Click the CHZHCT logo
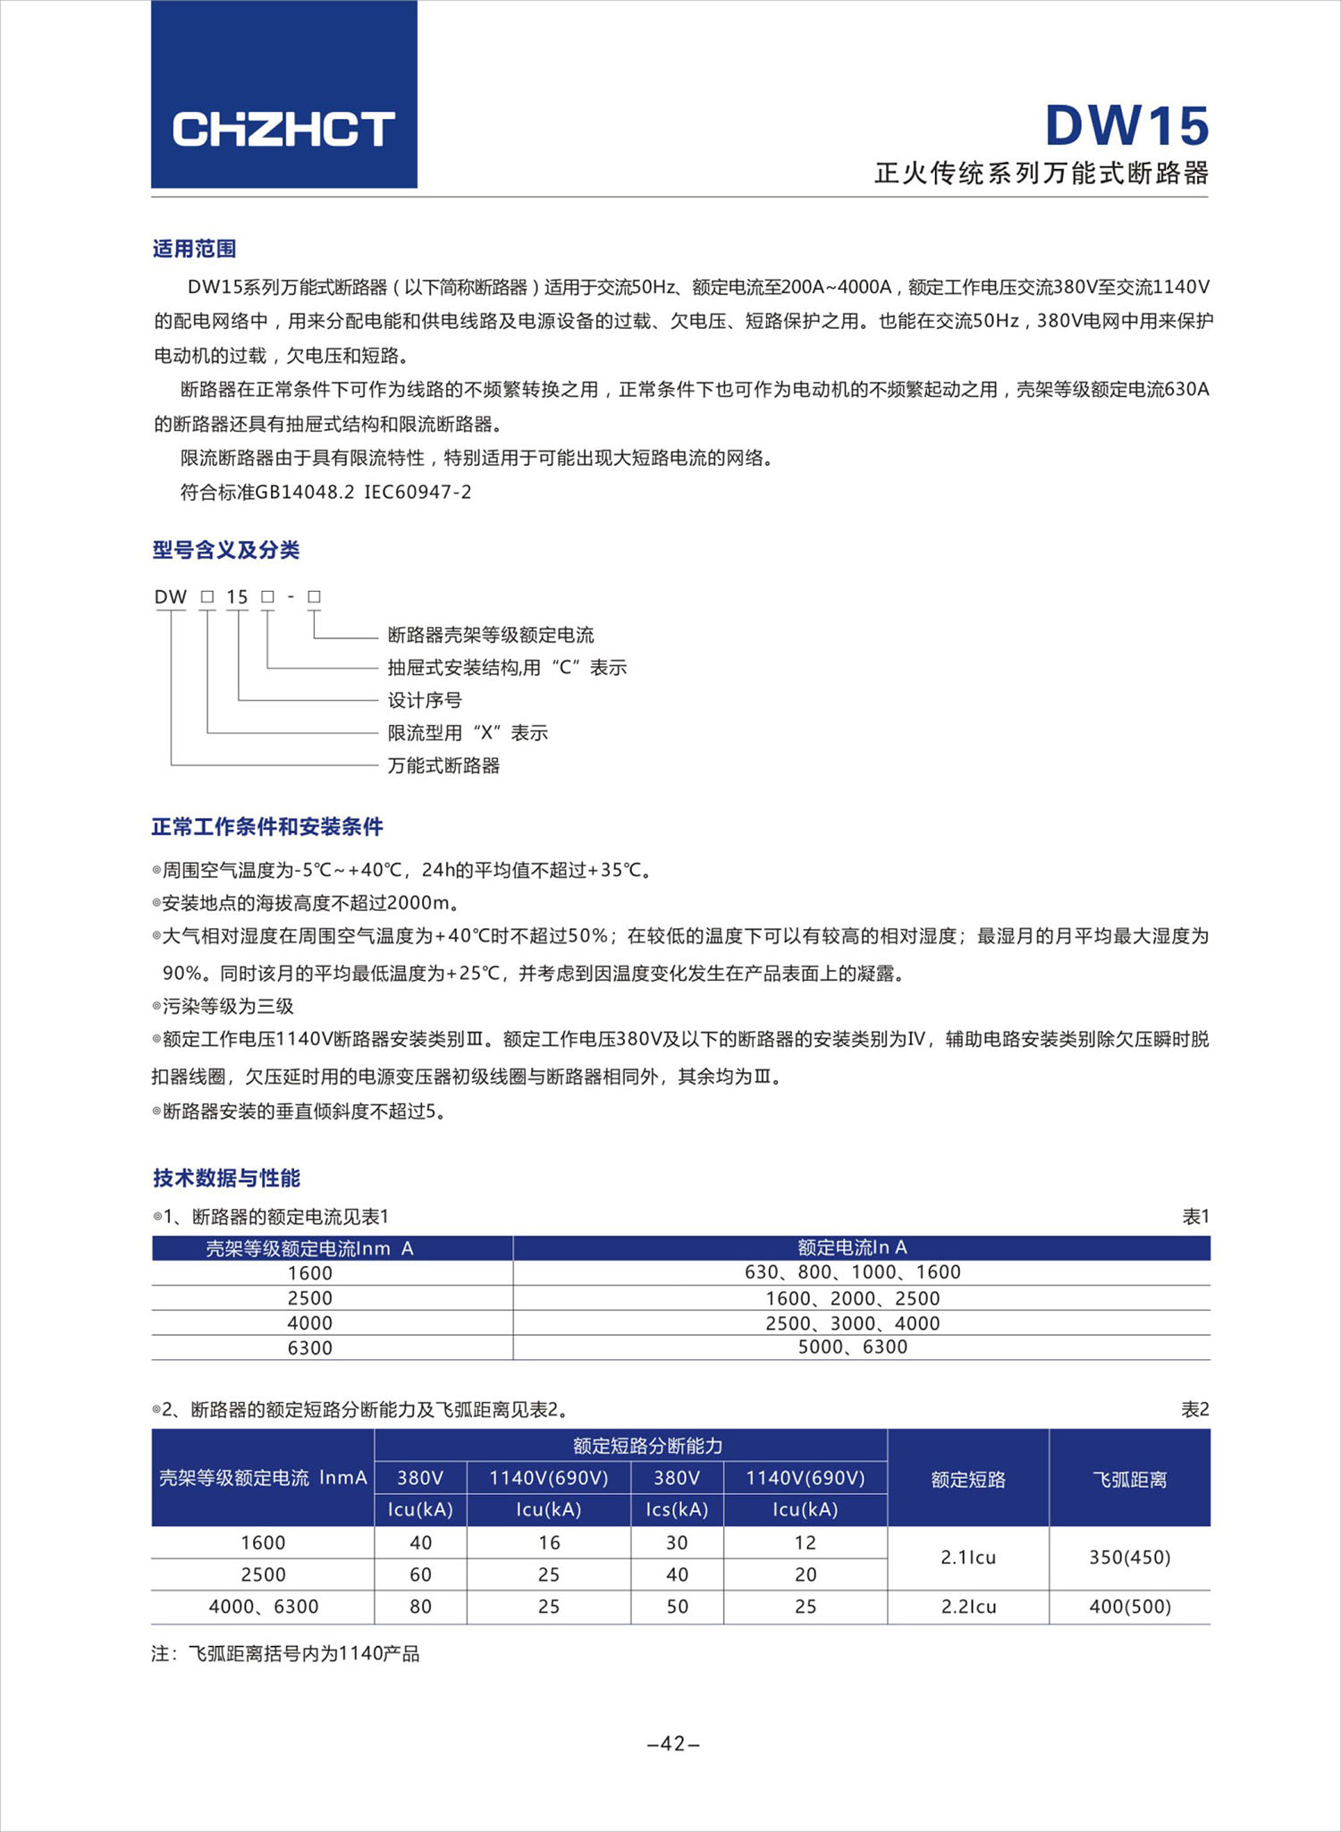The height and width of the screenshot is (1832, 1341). (283, 129)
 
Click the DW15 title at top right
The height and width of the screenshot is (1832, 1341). (1126, 125)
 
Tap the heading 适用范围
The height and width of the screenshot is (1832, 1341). (194, 249)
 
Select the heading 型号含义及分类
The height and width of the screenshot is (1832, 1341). (225, 550)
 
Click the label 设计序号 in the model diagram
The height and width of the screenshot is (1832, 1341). (425, 700)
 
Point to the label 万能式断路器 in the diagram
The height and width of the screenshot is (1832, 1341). (443, 765)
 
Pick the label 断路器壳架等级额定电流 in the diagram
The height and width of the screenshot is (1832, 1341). (491, 635)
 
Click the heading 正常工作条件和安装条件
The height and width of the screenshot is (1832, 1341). (266, 827)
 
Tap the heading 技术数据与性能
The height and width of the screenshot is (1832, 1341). (226, 1178)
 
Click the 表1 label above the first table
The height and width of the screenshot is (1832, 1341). (1195, 1216)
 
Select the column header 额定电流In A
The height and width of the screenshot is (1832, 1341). (852, 1247)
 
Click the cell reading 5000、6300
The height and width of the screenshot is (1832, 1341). (852, 1347)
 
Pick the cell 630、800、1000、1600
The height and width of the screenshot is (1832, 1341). (852, 1271)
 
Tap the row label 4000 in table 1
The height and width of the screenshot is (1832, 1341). (309, 1322)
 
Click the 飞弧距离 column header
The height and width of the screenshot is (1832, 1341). (1129, 1480)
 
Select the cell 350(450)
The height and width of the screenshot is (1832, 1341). (1129, 1557)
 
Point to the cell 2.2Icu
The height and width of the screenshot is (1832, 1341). (968, 1606)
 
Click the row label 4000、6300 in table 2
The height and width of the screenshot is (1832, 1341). (263, 1606)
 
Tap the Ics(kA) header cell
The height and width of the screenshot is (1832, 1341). (677, 1509)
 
